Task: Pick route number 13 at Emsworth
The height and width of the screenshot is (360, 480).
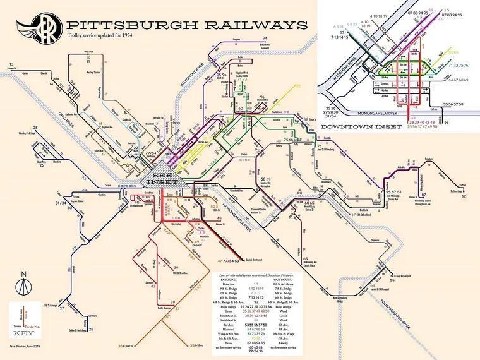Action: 11,64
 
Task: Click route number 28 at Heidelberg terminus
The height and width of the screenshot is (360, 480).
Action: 90,329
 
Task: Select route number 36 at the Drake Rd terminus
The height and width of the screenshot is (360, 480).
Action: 120,346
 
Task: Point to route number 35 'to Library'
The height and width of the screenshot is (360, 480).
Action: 192,345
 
